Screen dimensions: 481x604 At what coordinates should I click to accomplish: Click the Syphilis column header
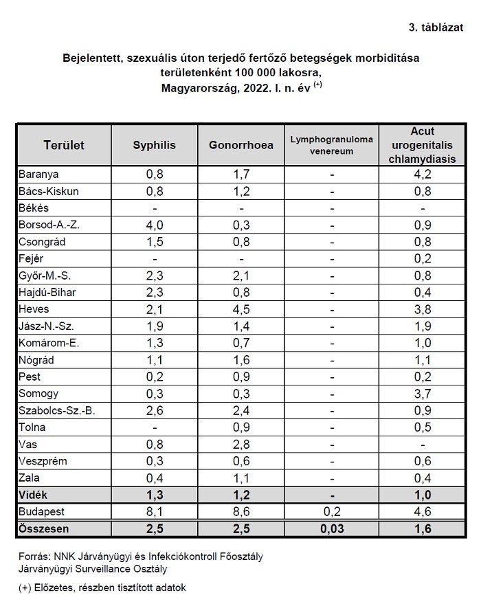tap(154, 145)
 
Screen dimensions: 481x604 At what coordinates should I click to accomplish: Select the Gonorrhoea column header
tap(241, 145)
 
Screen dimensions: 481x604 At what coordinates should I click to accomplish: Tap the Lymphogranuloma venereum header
tap(332, 145)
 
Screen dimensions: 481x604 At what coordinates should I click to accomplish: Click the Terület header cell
tap(64, 145)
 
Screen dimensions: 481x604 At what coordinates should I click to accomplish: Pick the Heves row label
tap(34, 309)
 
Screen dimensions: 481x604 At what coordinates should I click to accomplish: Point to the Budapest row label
tap(42, 512)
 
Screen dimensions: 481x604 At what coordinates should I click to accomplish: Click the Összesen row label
tap(44, 529)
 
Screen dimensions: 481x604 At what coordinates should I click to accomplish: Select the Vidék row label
tap(33, 495)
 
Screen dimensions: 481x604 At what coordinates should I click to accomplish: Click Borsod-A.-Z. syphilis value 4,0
tap(155, 225)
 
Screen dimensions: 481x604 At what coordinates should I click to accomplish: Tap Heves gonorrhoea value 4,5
tap(241, 309)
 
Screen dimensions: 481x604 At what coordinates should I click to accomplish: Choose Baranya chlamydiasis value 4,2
tap(423, 174)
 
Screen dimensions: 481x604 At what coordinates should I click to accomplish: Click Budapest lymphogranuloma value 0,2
tap(332, 512)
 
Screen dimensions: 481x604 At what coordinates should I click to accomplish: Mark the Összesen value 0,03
tap(332, 529)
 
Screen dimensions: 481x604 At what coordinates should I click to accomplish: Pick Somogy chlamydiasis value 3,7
tap(423, 394)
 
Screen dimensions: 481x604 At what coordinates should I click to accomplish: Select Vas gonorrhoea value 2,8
tap(241, 445)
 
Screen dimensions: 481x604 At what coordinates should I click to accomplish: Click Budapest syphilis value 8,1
tap(155, 512)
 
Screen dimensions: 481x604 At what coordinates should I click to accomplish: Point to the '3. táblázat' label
tap(436, 27)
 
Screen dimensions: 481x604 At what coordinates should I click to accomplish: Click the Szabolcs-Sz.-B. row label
tap(56, 411)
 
